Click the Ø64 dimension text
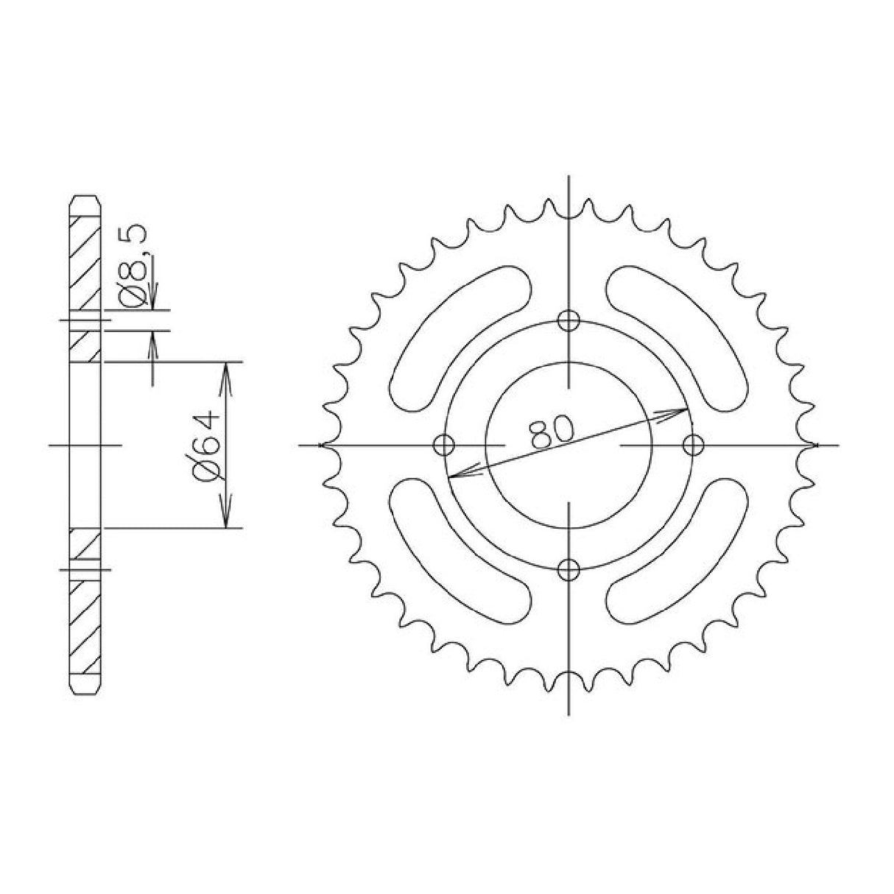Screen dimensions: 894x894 click(205, 445)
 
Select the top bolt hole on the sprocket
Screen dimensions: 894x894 click(569, 320)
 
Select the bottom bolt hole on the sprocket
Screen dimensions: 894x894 click(569, 569)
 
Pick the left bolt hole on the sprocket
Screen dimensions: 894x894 click(444, 445)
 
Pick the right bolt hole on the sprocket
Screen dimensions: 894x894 click(692, 445)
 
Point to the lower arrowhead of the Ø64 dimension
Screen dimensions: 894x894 click(227, 519)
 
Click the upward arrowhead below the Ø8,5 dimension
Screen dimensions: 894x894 click(153, 339)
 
